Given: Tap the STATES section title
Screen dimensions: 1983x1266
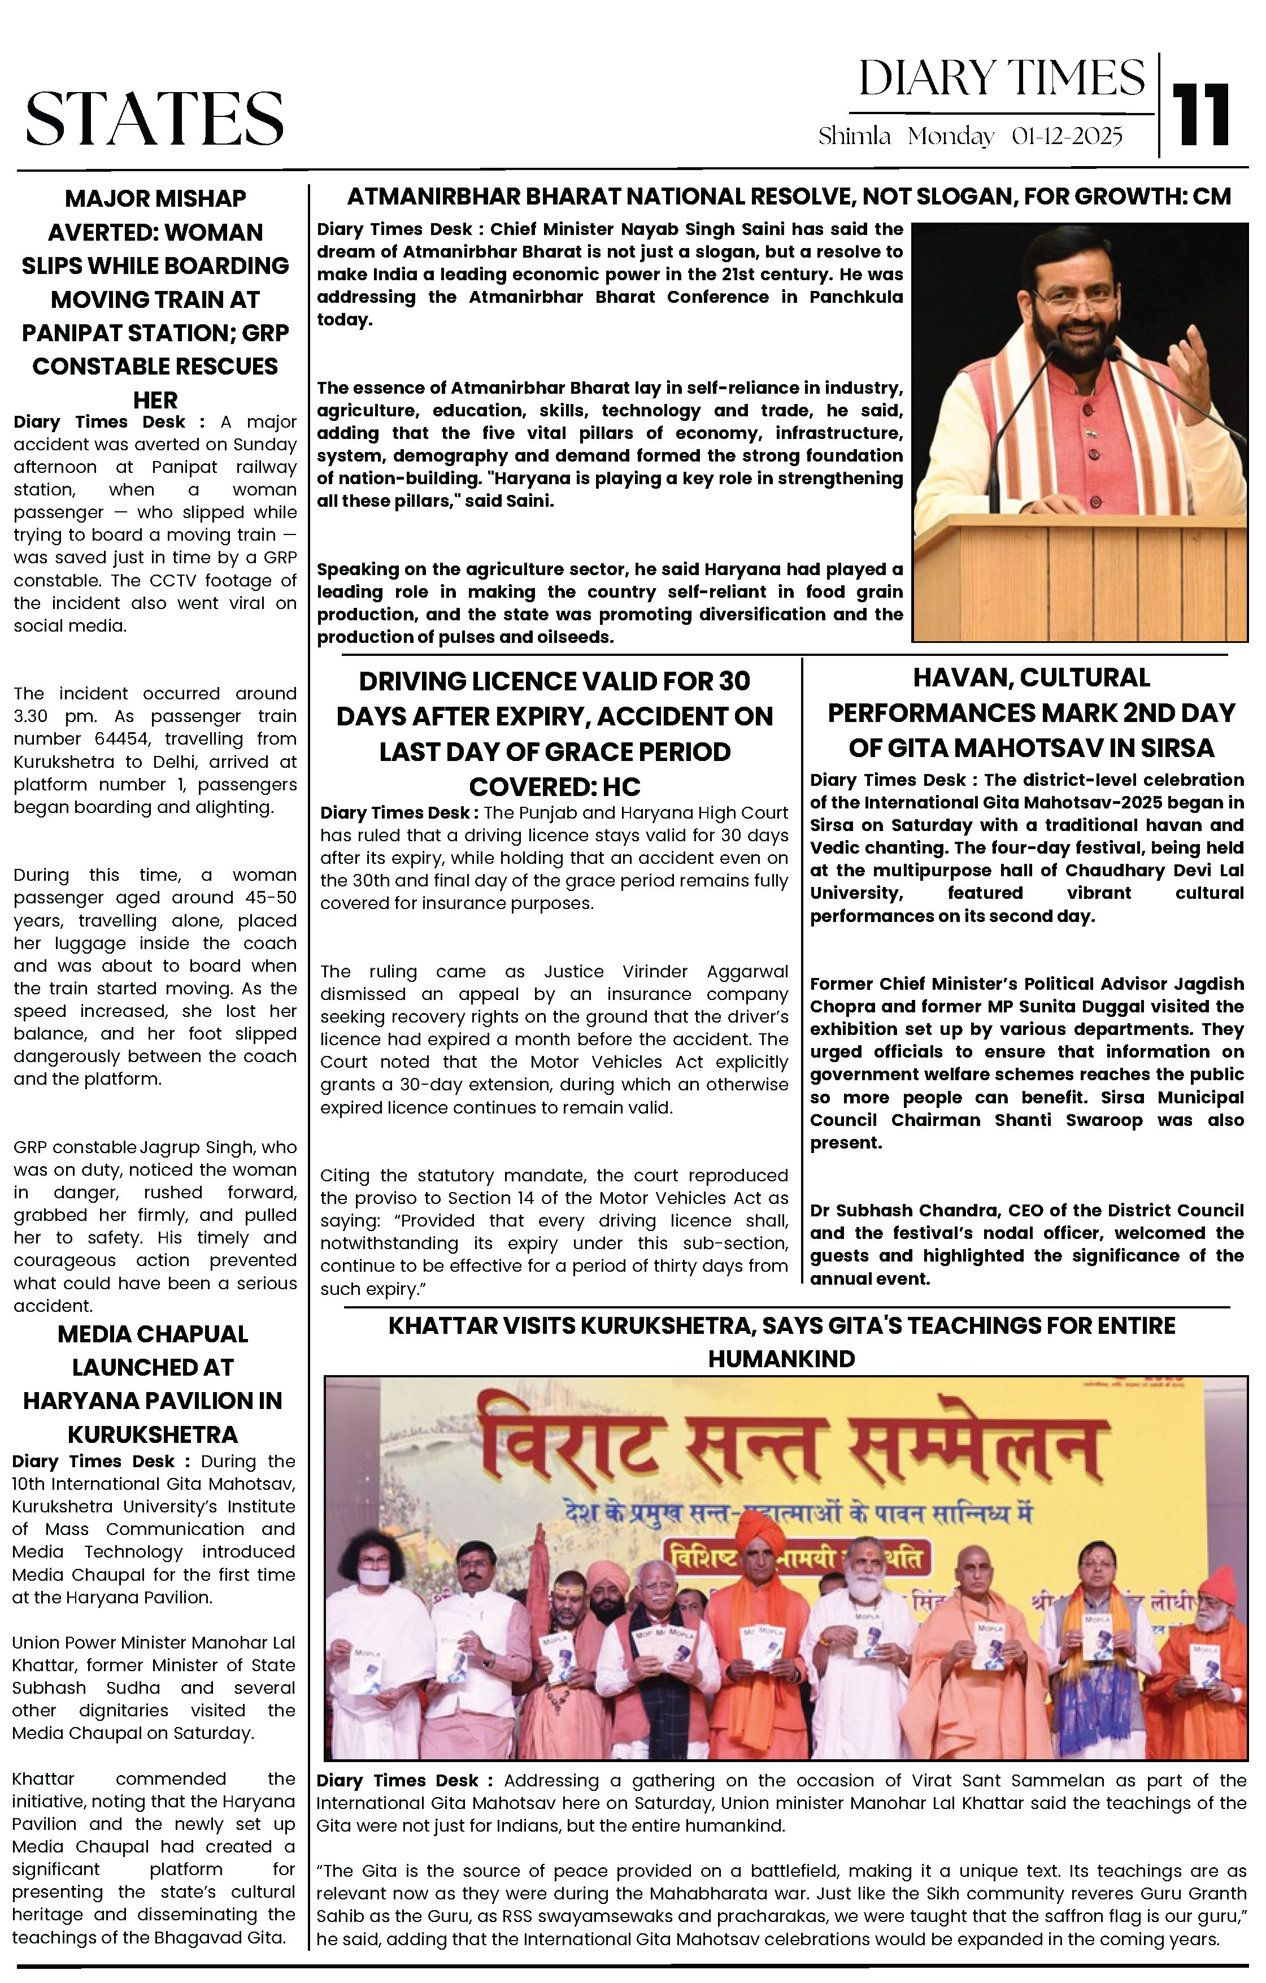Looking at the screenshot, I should click(155, 119).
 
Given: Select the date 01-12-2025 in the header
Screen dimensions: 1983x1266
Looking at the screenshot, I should click(1067, 136).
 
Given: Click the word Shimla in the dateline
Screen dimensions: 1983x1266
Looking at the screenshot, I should click(854, 136).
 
